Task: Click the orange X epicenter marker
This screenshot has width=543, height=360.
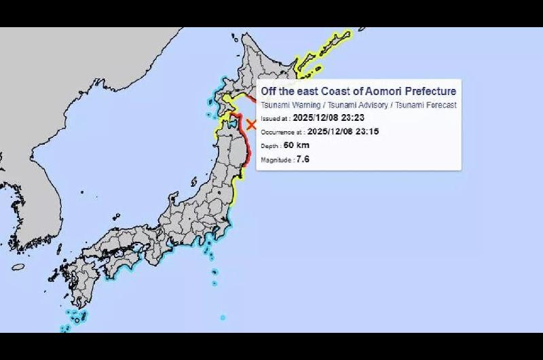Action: tap(251, 124)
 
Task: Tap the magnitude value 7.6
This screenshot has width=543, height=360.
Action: tap(303, 159)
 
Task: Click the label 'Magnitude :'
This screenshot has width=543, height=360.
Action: tap(278, 160)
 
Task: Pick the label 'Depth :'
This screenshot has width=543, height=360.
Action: tap(271, 146)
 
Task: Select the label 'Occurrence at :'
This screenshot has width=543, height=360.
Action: tap(282, 132)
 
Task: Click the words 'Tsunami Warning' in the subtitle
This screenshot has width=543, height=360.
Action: tap(286, 105)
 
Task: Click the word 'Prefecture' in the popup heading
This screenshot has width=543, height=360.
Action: tap(430, 92)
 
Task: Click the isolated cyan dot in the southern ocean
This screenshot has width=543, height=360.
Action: tap(223, 317)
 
